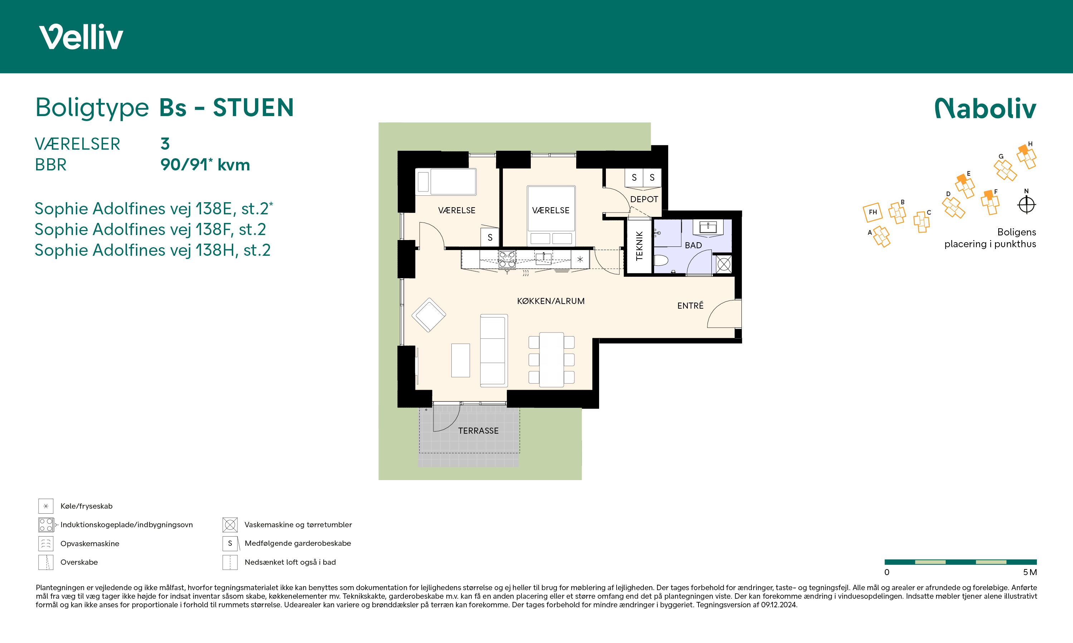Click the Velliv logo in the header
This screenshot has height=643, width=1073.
pos(81,37)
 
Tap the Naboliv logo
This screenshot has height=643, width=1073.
pos(985,108)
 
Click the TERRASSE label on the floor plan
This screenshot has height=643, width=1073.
pos(479,431)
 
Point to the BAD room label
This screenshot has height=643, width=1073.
pos(693,245)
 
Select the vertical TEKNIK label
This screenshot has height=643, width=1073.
pos(639,246)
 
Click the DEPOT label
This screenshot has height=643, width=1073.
pos(644,199)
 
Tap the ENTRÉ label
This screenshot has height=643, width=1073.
pos(690,305)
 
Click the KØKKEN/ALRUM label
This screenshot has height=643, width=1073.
pos(551,301)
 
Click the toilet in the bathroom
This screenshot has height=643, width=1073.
pos(661,261)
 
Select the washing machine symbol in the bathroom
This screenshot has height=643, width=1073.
pos(724,264)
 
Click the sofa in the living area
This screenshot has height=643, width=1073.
pos(494,350)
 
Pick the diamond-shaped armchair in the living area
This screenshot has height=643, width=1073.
pos(428,315)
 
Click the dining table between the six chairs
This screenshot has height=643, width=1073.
pos(551,360)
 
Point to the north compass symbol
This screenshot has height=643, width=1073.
pos(1026,205)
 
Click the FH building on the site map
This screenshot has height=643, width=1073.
pos(873,212)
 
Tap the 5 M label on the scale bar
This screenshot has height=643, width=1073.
pos(1030,572)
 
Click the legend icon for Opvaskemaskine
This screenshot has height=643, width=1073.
pos(45,543)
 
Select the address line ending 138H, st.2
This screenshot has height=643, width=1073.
pos(153,250)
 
